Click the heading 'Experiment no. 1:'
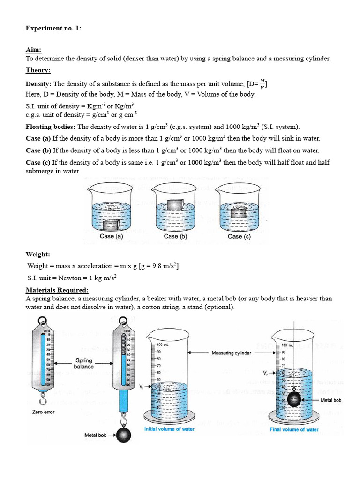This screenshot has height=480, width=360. click(53, 28)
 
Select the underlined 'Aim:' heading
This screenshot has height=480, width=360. click(34, 49)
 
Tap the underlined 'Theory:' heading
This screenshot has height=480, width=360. click(38, 70)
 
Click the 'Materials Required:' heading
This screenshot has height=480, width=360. click(57, 290)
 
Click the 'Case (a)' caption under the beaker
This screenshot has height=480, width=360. click(112, 237)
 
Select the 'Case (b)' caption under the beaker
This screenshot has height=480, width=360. click(175, 237)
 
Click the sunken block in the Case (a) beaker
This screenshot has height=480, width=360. click(111, 225)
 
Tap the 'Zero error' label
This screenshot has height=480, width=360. click(43, 412)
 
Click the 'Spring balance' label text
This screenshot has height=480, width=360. click(83, 363)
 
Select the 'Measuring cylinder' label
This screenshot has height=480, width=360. click(232, 352)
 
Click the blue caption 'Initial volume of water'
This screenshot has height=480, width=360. click(169, 429)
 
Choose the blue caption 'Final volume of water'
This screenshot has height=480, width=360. click(294, 429)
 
